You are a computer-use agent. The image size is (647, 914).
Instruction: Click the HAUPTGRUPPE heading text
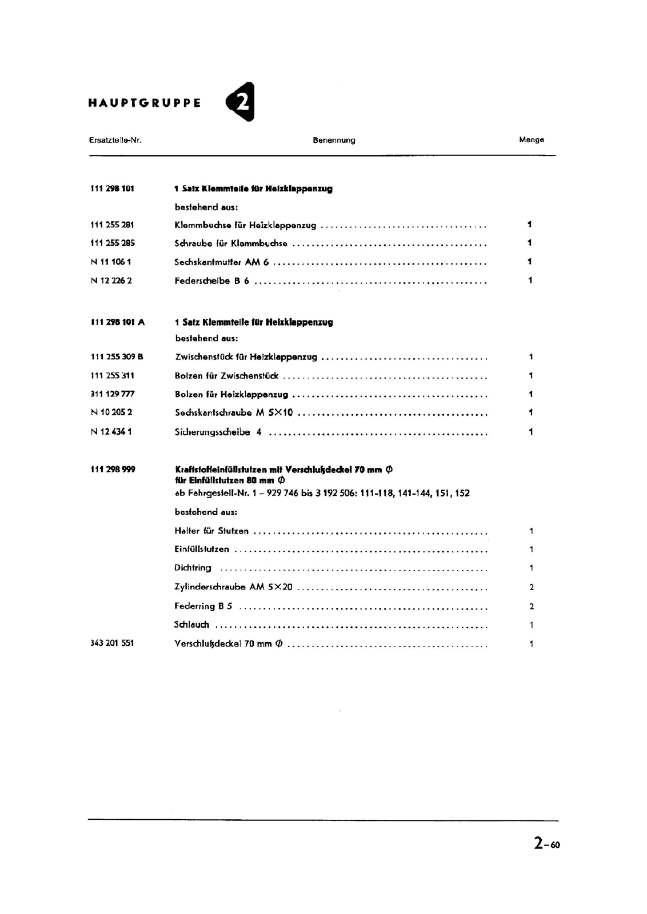click(x=145, y=103)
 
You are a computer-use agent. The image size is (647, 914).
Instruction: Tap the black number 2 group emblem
click(x=241, y=102)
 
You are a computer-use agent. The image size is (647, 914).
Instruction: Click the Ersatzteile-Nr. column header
click(x=115, y=140)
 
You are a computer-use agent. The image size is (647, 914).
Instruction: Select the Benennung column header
click(x=334, y=140)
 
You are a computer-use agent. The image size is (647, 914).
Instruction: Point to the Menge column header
click(x=532, y=139)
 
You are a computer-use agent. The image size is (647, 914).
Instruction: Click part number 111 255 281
click(x=112, y=225)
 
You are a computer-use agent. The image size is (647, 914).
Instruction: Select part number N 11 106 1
click(x=111, y=262)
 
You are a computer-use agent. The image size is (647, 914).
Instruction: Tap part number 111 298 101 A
click(x=118, y=322)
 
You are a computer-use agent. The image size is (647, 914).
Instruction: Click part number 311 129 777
click(x=113, y=394)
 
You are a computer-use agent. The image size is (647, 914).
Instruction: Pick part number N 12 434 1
click(x=111, y=432)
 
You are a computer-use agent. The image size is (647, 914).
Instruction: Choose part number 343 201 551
click(x=112, y=643)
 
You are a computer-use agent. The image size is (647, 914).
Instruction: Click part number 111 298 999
click(x=113, y=470)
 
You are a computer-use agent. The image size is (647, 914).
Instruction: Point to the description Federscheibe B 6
click(x=212, y=281)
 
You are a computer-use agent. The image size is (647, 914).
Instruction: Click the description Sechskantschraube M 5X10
click(x=234, y=413)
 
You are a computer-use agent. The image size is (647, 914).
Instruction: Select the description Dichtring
click(x=193, y=568)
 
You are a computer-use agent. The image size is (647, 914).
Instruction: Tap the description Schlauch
click(x=191, y=625)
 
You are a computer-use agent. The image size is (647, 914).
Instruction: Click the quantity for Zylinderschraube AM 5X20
click(x=532, y=587)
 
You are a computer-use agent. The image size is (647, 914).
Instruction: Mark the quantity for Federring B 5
click(x=532, y=607)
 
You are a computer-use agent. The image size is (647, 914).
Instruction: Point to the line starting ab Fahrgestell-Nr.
click(x=322, y=494)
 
